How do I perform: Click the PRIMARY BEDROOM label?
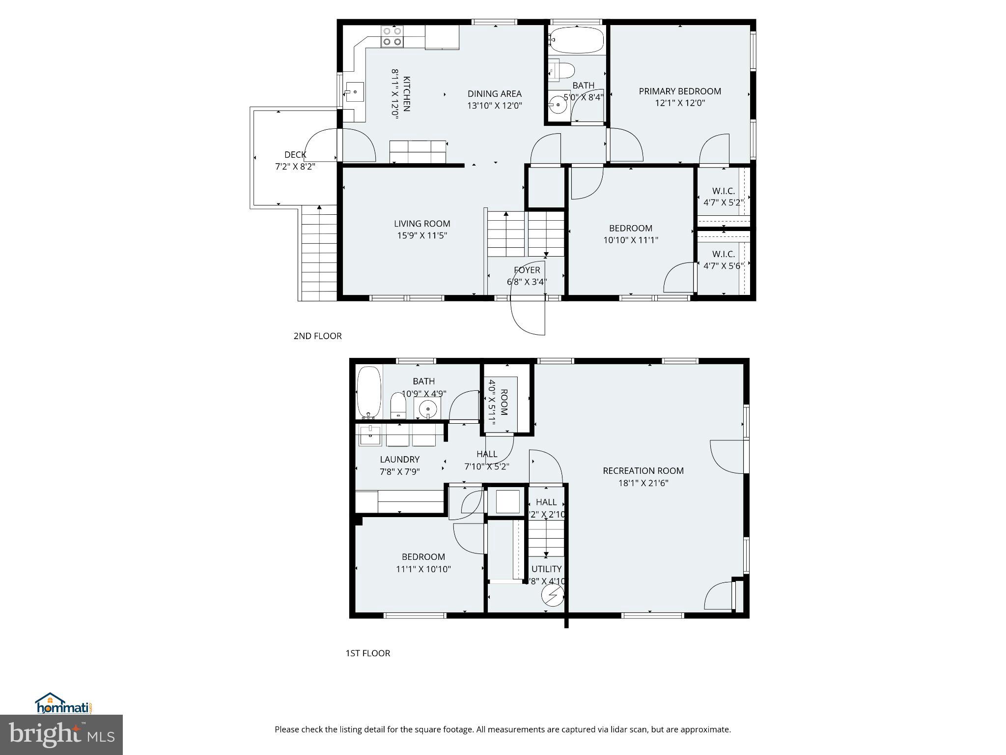[680, 91]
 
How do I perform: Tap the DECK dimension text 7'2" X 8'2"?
[295, 167]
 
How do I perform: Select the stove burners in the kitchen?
[392, 36]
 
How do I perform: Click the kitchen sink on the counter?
[354, 92]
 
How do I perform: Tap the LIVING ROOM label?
[422, 224]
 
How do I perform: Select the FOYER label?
[527, 270]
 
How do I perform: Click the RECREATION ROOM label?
[643, 471]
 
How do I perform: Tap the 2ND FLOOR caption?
[317, 336]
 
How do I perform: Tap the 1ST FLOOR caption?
[367, 653]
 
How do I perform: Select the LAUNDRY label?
[399, 460]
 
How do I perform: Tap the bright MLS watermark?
[61, 734]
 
